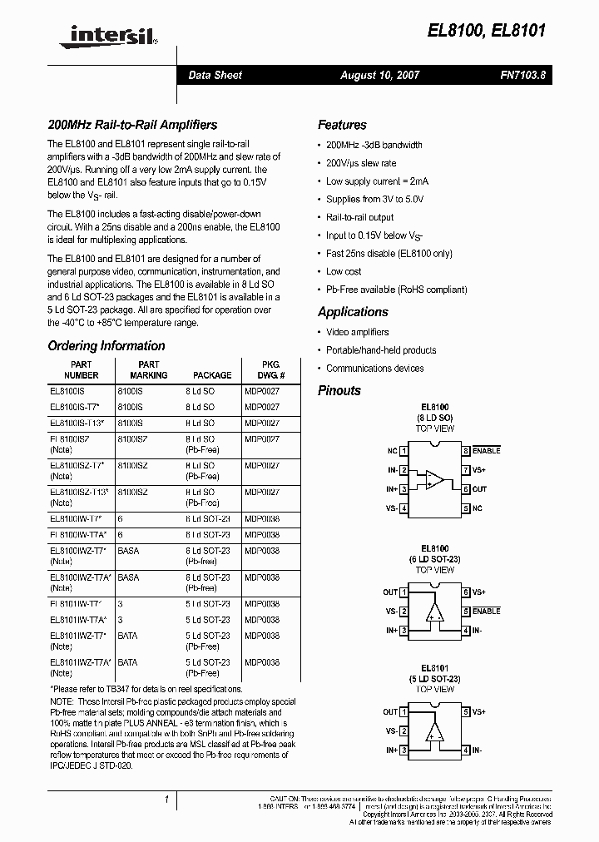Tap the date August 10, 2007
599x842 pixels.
pos(379,75)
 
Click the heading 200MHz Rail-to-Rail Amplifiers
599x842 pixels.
pos(132,125)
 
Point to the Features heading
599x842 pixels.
pos(342,125)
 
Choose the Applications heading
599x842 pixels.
pos(353,312)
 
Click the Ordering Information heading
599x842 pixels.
pos(106,346)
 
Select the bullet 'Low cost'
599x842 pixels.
pos(344,271)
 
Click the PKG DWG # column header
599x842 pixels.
pos(265,369)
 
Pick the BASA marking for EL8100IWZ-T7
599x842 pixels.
pos(128,552)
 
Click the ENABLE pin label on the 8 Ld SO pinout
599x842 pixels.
pos(487,451)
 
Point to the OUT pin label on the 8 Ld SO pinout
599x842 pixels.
pos(480,489)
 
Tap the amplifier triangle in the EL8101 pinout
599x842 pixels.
pos(433,731)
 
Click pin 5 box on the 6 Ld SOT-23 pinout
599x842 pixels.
pos(467,611)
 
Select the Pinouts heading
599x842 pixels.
pos(339,390)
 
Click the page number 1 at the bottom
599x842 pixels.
pos(166,800)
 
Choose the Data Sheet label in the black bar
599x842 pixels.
pos(215,75)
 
